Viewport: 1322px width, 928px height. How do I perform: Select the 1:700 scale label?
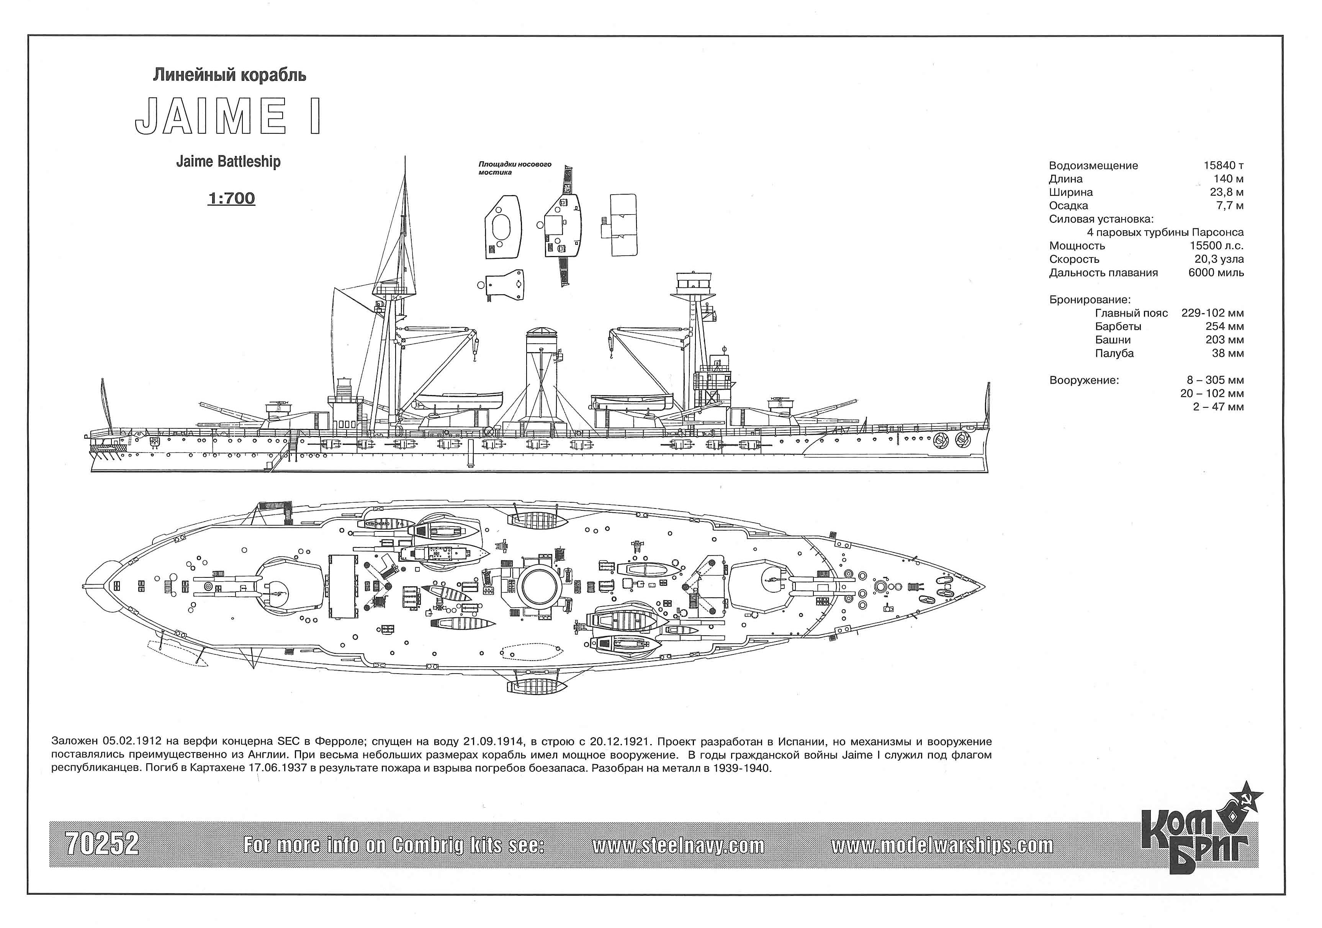[x=231, y=198]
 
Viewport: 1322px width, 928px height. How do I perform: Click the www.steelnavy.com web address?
[x=678, y=845]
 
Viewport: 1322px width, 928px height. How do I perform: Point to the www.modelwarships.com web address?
[x=942, y=845]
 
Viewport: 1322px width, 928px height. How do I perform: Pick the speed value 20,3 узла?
[x=1219, y=259]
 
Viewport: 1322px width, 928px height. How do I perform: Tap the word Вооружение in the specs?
[x=1084, y=380]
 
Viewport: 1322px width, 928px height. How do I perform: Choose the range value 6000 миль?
[x=1216, y=272]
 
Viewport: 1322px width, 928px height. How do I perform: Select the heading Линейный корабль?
[x=229, y=75]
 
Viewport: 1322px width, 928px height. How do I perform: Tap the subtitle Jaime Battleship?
[x=228, y=161]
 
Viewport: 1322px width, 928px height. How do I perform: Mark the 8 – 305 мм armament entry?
[x=1215, y=380]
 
